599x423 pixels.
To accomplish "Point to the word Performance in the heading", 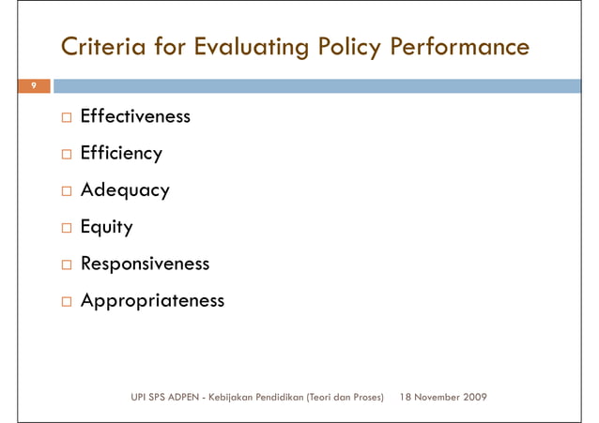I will click(459, 46).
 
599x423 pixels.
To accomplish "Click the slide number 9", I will click(33, 86).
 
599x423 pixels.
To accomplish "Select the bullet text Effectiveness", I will click(135, 117).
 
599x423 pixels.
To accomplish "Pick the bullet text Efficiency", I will click(121, 154).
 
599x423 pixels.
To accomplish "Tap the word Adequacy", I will click(125, 190).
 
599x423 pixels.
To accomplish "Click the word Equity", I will click(106, 227).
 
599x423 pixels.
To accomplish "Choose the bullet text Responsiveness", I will click(145, 264).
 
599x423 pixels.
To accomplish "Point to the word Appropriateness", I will click(152, 301).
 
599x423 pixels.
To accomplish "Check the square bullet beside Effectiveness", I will click(65, 118).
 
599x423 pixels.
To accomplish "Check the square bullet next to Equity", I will click(65, 228).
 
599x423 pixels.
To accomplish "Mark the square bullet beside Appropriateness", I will click(65, 302).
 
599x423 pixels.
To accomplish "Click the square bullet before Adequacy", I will click(65, 191).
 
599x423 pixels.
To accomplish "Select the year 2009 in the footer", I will click(475, 398).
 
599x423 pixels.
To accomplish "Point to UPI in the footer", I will click(139, 398).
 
